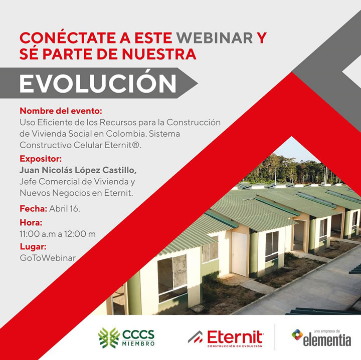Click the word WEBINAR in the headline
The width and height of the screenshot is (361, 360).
coord(215,38)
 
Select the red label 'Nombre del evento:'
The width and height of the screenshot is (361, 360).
coord(61,111)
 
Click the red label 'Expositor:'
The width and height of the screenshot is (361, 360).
coord(41,159)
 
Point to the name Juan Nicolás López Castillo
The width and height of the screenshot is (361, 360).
coord(78,170)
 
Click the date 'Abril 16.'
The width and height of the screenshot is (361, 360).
coord(65,209)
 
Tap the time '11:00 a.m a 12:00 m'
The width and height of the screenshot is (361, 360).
coord(58,234)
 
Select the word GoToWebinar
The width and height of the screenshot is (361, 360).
coord(48,258)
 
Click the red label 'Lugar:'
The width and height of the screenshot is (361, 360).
coord(33,247)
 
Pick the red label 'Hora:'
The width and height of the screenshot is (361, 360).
coord(31,222)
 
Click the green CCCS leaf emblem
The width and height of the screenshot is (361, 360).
coord(109,337)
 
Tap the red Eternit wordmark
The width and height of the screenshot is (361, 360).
coord(235,337)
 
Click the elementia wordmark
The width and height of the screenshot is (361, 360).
coord(327,340)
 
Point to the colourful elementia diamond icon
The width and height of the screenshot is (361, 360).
coord(297,334)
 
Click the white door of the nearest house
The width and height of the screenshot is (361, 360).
coord(239,253)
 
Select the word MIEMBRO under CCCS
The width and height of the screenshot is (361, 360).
coord(138,343)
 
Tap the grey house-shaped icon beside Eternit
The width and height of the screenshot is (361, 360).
coord(195,337)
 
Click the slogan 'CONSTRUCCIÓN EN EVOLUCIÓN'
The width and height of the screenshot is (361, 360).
coord(235,346)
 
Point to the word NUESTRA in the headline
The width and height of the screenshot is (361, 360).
coord(159,54)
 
